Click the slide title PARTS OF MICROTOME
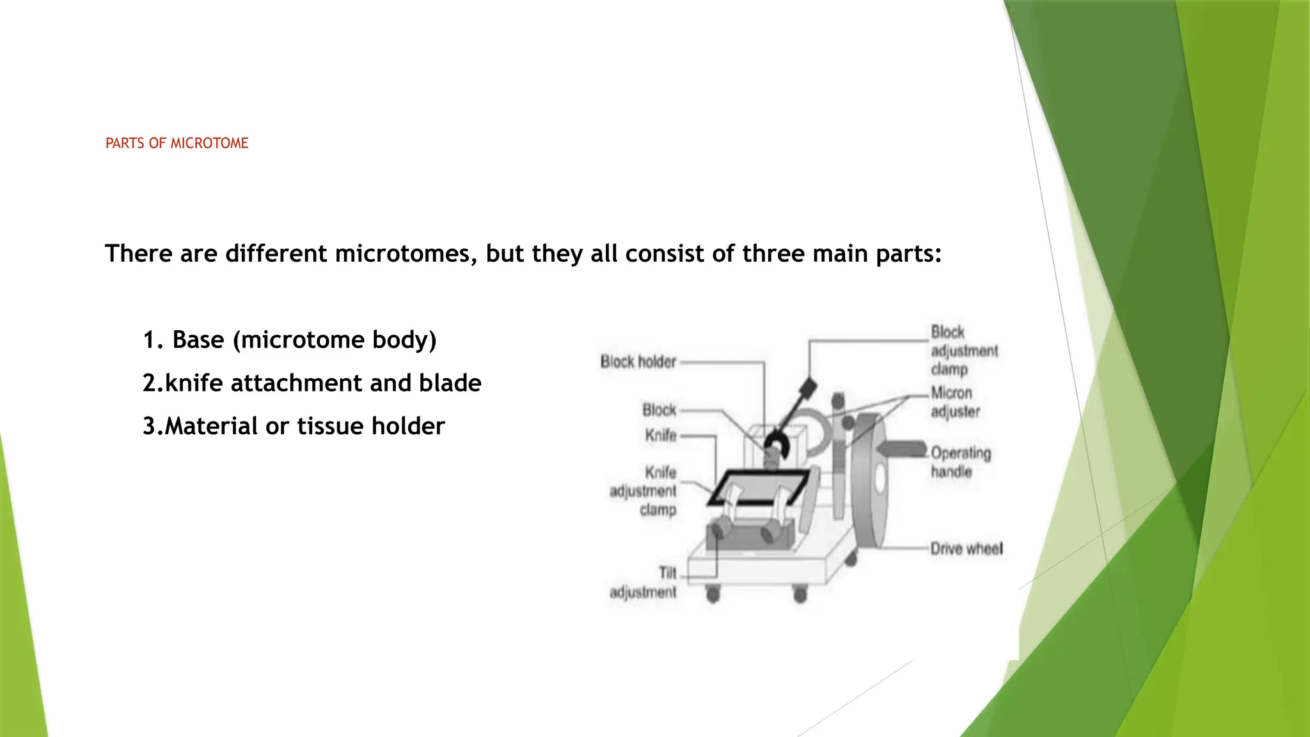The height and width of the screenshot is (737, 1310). click(177, 143)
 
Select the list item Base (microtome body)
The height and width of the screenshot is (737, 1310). click(304, 340)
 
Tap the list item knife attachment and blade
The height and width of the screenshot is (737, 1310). click(322, 383)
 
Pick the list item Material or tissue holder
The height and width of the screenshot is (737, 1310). click(304, 426)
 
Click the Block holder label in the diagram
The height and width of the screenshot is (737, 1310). click(638, 362)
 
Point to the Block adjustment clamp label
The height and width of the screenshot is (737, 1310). click(963, 351)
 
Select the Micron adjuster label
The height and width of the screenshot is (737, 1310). click(954, 402)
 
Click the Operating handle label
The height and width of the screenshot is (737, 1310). click(960, 462)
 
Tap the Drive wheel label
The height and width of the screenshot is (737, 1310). click(966, 549)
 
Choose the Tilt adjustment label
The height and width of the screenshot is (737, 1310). click(643, 582)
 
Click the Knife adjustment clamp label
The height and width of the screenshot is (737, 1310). click(643, 491)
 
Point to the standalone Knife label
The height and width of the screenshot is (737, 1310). click(660, 436)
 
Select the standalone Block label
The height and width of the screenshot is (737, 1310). click(659, 410)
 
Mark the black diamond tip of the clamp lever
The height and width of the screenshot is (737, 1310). click(808, 388)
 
